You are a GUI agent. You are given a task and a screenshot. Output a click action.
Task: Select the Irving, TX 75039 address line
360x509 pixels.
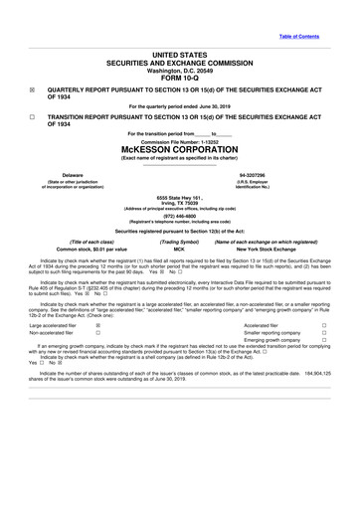click(x=180, y=204)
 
